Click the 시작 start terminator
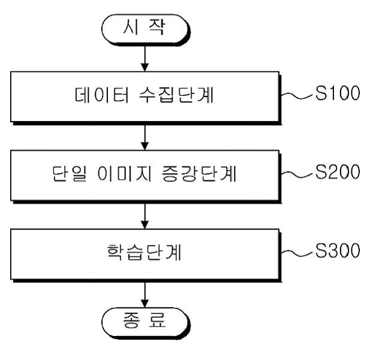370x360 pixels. (145, 30)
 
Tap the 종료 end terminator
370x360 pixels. (145, 323)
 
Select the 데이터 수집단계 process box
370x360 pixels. (145, 98)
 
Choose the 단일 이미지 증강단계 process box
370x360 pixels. (145, 176)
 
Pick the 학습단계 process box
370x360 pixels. (145, 255)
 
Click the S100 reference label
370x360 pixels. (338, 93)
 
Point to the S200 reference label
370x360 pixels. (338, 172)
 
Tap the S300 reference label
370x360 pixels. (338, 250)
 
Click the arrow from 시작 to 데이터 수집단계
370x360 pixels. (145, 59)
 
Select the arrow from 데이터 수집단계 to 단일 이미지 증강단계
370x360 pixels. (145, 137)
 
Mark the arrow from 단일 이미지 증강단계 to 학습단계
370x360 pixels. (145, 216)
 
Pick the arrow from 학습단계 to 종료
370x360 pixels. (145, 295)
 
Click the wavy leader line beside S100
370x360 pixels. (298, 96)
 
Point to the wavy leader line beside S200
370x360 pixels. (298, 174)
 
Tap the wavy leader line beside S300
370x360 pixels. (298, 253)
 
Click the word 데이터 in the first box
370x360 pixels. (102, 95)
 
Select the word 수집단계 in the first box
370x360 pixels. (176, 95)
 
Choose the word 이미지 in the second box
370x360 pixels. (124, 174)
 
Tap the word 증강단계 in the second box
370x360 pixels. (199, 174)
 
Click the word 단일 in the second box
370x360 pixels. (70, 174)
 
